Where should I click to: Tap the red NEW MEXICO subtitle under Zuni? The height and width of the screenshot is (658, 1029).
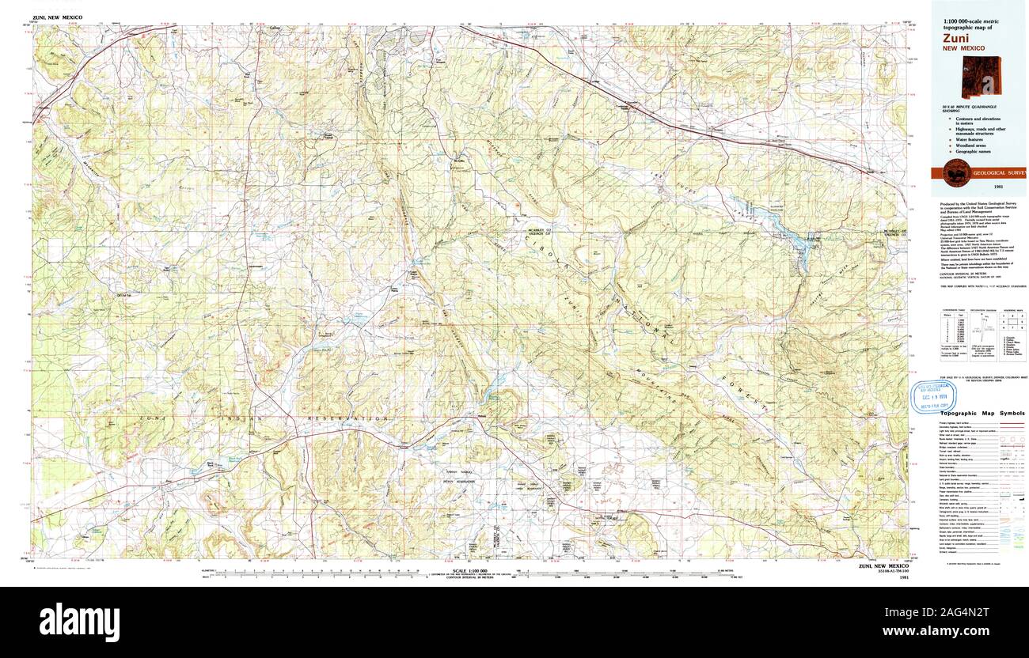click(963, 47)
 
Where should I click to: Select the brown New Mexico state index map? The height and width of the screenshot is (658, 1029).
click(982, 77)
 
